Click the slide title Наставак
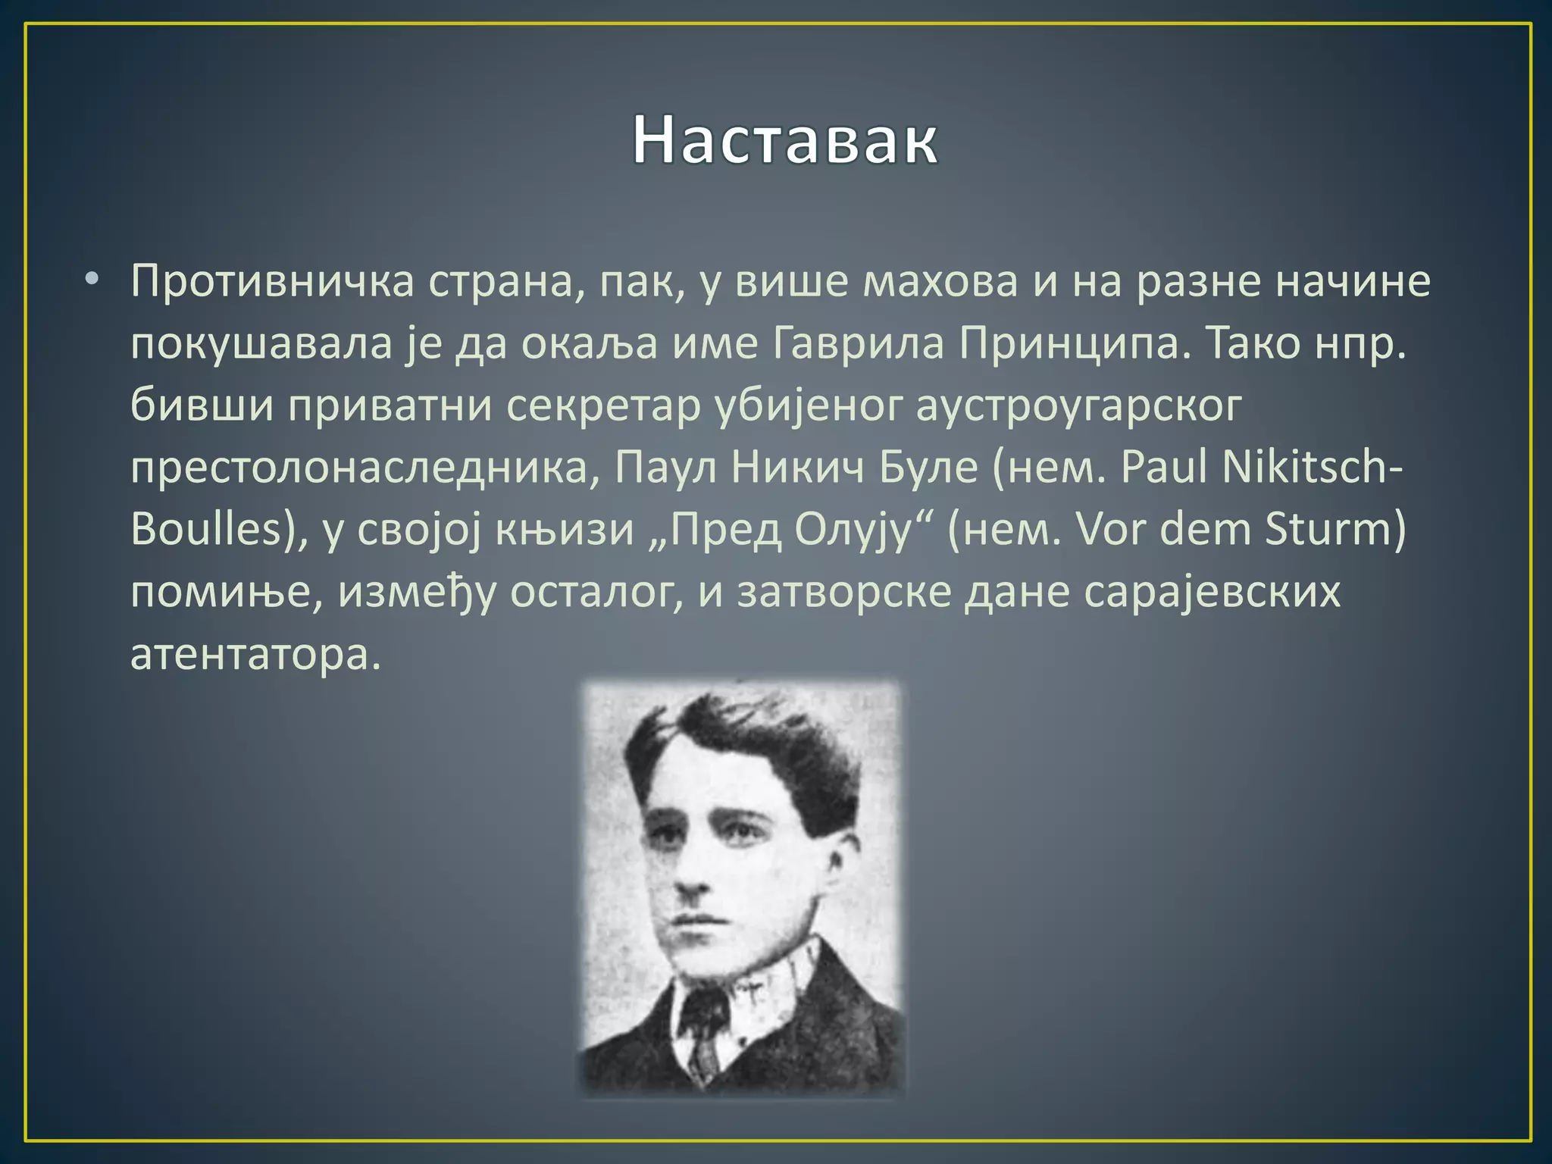785,141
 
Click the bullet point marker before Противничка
92,279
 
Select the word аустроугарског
1078,406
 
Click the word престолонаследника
358,468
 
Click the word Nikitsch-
1316,467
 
